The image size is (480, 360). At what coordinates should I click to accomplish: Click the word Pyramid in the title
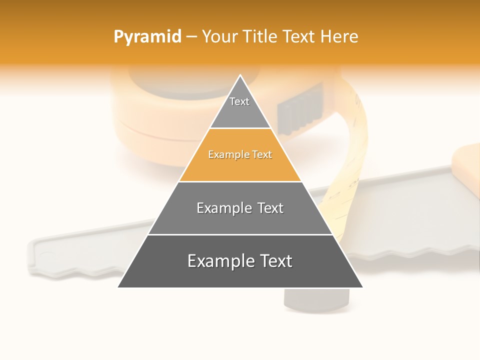coord(147,37)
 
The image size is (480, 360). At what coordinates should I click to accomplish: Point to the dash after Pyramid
coord(191,37)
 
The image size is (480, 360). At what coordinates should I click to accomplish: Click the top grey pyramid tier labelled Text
coord(240,107)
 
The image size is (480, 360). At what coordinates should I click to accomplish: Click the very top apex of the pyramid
coord(240,76)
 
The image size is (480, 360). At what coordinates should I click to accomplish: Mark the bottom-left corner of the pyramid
coord(119,286)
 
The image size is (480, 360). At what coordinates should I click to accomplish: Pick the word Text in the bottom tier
coord(273,261)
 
